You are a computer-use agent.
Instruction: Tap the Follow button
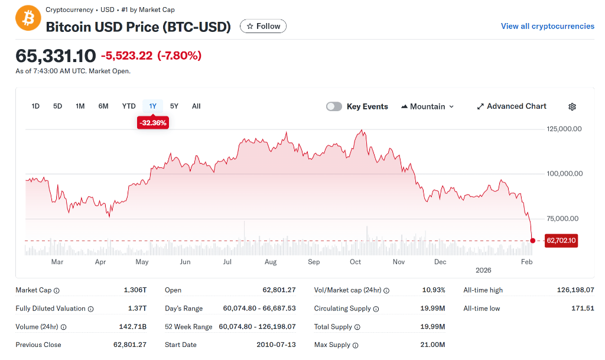pos(263,26)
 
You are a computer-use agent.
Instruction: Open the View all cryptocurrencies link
pos(547,26)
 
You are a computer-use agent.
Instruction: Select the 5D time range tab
pos(57,106)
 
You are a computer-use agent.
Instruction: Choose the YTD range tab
pos(129,106)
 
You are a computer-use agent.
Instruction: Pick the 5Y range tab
pos(174,106)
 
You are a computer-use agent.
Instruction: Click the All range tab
pos(196,106)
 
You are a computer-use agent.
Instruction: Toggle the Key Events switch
pos(334,106)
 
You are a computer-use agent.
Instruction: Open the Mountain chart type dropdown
pos(428,106)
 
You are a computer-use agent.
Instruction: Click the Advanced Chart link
pos(512,106)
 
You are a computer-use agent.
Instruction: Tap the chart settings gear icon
pos(572,107)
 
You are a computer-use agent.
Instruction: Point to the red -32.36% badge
pos(153,123)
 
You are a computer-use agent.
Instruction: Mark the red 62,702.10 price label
pos(561,241)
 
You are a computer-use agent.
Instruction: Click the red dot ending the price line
pos(533,241)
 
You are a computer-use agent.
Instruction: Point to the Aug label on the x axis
pos(271,262)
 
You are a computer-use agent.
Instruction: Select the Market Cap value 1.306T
pos(135,290)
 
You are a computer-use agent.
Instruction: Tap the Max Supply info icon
pos(356,345)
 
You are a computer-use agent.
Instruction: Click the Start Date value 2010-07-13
pos(276,345)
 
